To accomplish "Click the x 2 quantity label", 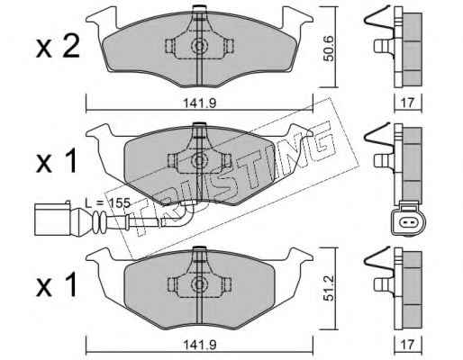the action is coord(58,46).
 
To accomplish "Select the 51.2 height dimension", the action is coord(329,289).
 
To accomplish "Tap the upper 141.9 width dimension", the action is coord(200,103).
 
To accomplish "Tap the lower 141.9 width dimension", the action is coord(200,345).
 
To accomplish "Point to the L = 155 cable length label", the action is coord(107,203).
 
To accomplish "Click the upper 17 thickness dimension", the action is coord(407,103).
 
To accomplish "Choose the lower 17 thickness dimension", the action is coord(407,344).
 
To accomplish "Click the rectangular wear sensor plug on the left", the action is coord(52,220).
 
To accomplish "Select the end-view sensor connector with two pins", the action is coord(408,221).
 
